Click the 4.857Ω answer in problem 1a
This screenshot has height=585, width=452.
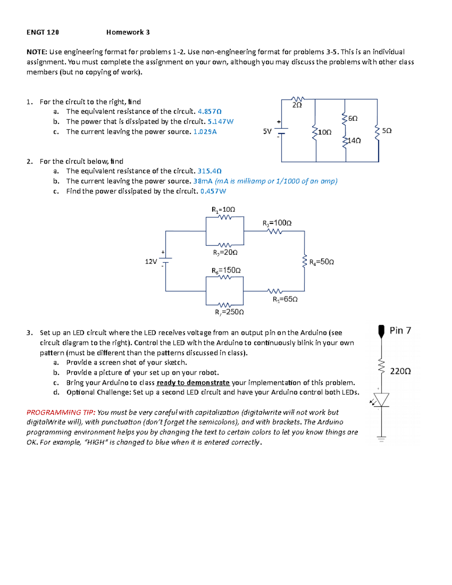pyautogui.click(x=209, y=112)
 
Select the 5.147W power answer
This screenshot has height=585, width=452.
pyautogui.click(x=220, y=122)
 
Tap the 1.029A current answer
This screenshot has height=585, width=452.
pyautogui.click(x=205, y=132)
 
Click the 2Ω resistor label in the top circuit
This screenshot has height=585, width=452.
pyautogui.click(x=297, y=105)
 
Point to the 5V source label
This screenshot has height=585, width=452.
pyautogui.click(x=267, y=131)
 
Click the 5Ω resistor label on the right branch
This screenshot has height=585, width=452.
pyautogui.click(x=387, y=131)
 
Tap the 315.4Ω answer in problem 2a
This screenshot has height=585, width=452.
pyautogui.click(x=209, y=171)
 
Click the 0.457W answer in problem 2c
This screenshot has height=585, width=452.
pyautogui.click(x=213, y=191)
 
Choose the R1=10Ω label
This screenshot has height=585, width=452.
pyautogui.click(x=223, y=209)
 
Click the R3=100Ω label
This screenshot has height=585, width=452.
pyautogui.click(x=277, y=223)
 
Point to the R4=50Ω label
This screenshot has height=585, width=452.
pyautogui.click(x=321, y=262)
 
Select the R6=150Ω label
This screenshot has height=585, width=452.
pyautogui.click(x=226, y=270)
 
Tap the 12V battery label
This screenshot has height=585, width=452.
pyautogui.click(x=151, y=261)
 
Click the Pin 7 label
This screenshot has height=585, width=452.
pyautogui.click(x=400, y=330)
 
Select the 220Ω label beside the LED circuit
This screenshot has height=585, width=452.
pyautogui.click(x=400, y=371)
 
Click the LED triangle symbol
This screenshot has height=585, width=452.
pyautogui.click(x=381, y=400)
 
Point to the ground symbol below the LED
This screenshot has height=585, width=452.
pyautogui.click(x=381, y=438)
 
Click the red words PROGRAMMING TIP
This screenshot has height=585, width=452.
pyautogui.click(x=61, y=412)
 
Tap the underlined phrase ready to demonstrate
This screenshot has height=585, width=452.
pyautogui.click(x=193, y=383)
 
